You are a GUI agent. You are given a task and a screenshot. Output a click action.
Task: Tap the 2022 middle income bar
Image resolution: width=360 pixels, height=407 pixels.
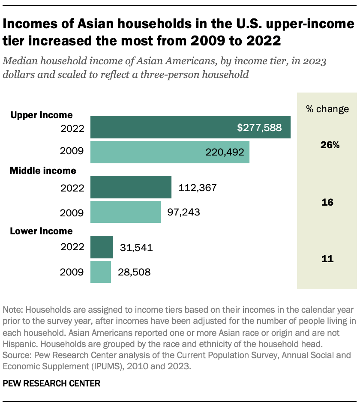point(131,187)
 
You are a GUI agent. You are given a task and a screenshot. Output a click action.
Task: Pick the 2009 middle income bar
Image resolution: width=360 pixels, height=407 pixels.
point(126,212)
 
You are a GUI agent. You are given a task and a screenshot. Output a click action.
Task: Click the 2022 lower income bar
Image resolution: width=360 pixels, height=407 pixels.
point(102,247)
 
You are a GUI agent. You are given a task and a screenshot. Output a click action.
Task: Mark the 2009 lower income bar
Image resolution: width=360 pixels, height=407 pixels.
point(101,272)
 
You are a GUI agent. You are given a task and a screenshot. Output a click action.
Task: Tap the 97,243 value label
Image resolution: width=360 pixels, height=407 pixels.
point(186,212)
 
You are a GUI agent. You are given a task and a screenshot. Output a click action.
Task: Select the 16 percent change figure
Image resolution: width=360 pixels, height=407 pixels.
point(327,202)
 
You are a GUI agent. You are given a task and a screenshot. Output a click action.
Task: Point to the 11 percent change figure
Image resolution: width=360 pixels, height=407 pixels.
point(327,259)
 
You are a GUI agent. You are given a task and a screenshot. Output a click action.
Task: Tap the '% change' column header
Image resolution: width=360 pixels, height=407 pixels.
point(327,109)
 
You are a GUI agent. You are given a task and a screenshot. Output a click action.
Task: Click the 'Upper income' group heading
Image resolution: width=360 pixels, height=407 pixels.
point(42,115)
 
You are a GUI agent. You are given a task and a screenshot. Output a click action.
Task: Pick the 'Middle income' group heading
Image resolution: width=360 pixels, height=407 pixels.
point(43,171)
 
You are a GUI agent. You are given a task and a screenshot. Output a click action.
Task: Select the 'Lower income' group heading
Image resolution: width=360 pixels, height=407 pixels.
point(42,231)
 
